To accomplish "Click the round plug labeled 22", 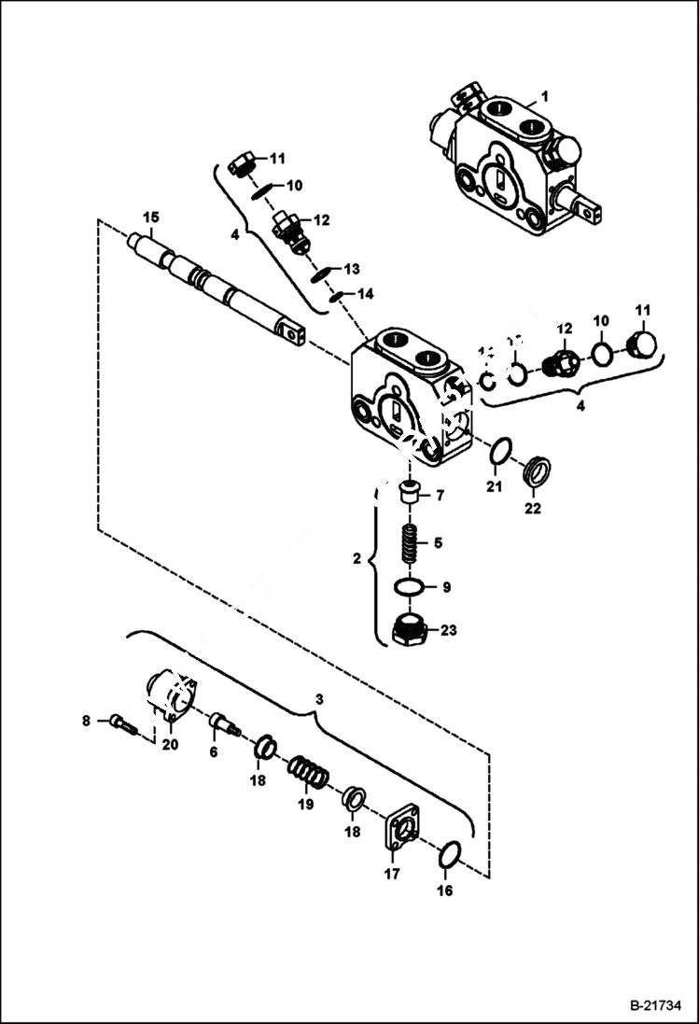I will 536,470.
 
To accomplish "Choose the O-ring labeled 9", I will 408,587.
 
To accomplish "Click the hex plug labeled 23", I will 410,631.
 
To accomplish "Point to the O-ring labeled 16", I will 449,853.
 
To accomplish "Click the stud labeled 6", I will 221,722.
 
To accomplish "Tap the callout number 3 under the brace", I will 319,698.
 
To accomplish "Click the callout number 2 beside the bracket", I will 356,559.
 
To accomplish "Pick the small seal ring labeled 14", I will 337,299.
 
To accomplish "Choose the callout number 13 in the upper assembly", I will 351,269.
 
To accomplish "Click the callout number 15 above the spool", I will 150,217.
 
